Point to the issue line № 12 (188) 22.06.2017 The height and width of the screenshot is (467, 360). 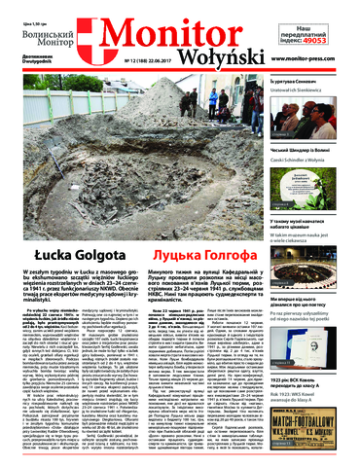(x=144, y=61)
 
